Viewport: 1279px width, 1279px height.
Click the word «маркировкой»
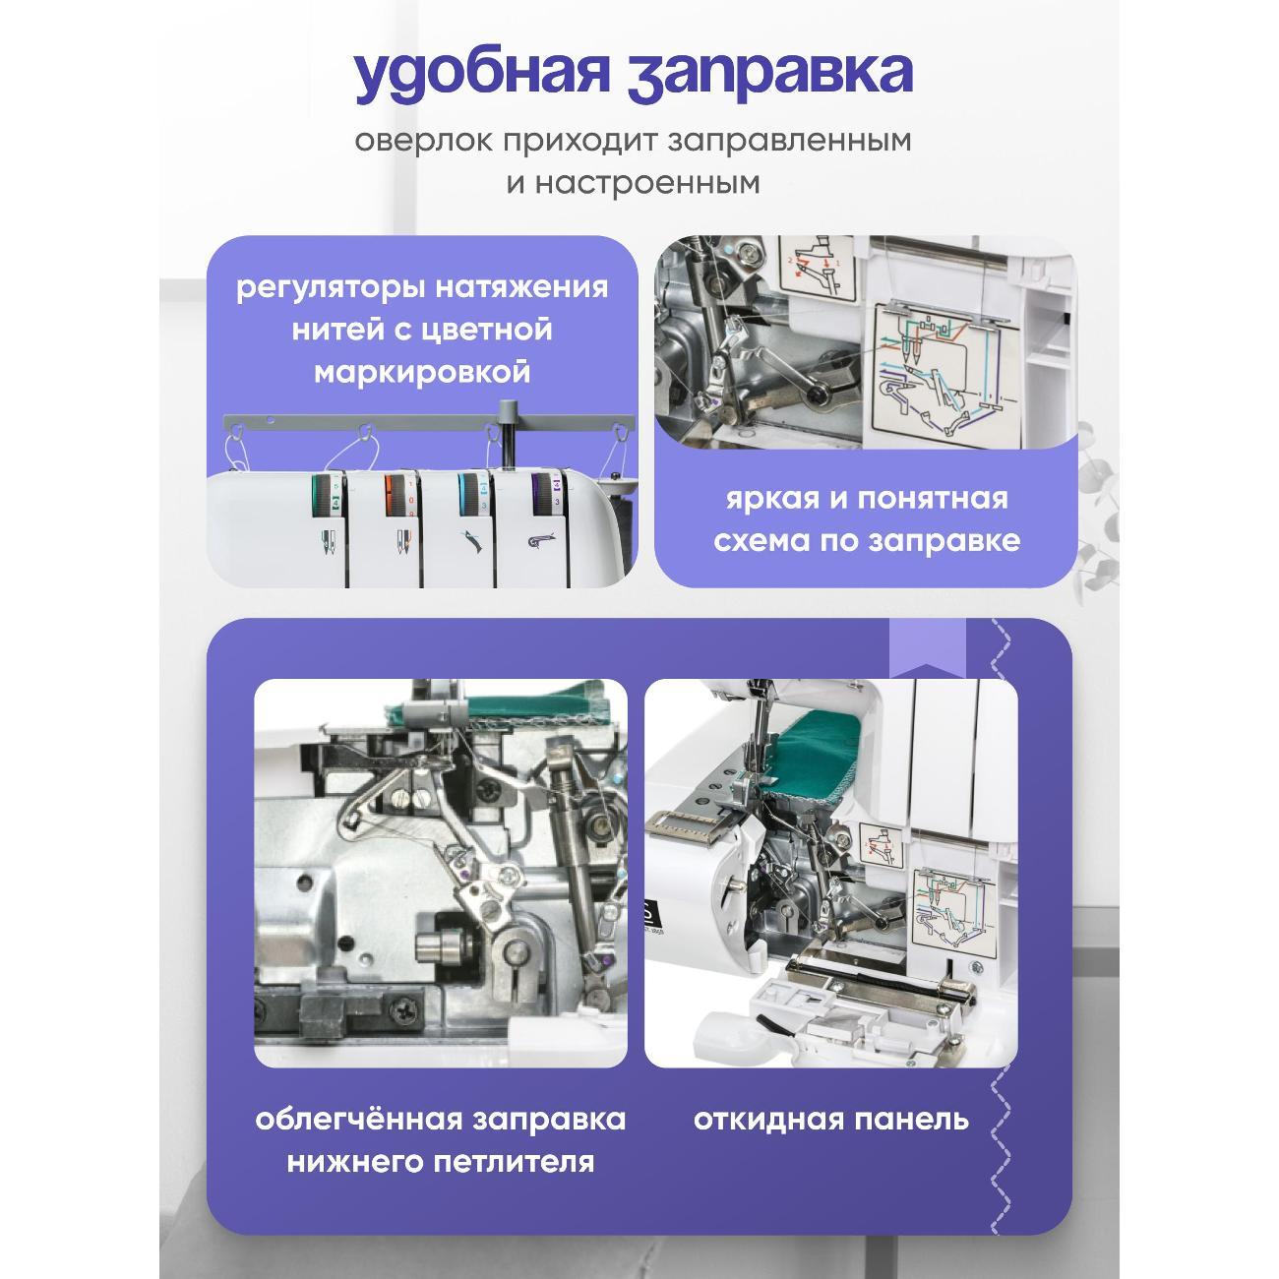pos(422,372)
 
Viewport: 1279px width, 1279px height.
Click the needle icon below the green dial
pos(328,544)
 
